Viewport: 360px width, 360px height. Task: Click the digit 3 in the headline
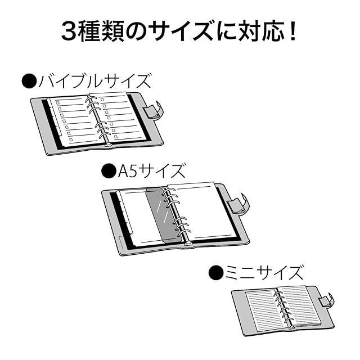pos(70,31)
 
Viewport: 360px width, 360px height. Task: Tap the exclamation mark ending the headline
pos(292,31)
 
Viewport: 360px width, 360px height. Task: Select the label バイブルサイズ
pos(94,81)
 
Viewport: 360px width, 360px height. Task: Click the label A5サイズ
pos(151,171)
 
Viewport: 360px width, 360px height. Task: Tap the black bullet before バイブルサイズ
pos(29,81)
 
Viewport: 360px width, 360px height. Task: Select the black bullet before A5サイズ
pos(109,170)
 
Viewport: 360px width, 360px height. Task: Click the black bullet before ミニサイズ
pos(216,272)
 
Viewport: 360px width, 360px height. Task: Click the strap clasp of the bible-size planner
pos(153,111)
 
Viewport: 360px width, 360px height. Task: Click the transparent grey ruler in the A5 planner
pos(162,214)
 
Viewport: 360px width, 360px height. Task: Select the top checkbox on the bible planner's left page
pos(57,102)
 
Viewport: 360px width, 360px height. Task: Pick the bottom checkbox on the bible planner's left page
pos(71,139)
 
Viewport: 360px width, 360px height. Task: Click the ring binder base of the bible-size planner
pos(108,145)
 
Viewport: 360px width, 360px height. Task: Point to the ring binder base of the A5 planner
pos(188,244)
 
